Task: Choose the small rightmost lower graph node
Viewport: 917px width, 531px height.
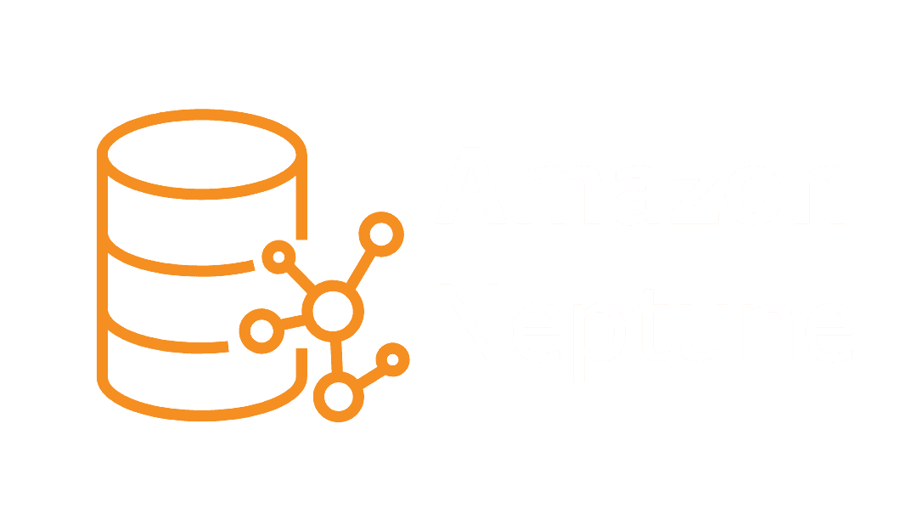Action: pyautogui.click(x=391, y=359)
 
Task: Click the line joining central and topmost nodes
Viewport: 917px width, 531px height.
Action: pyautogui.click(x=357, y=270)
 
